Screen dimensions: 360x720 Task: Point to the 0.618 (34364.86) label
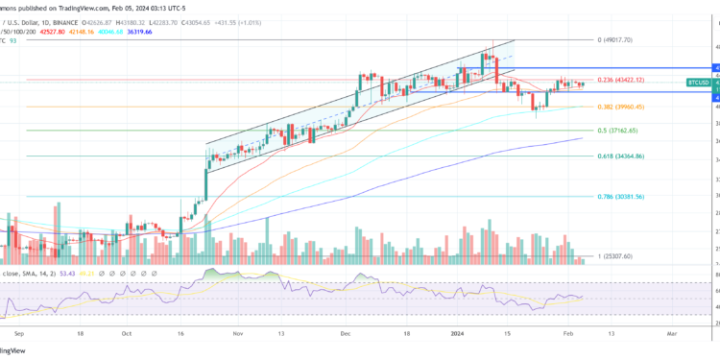[x=618, y=156]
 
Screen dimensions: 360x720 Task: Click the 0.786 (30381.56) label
[x=618, y=196]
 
